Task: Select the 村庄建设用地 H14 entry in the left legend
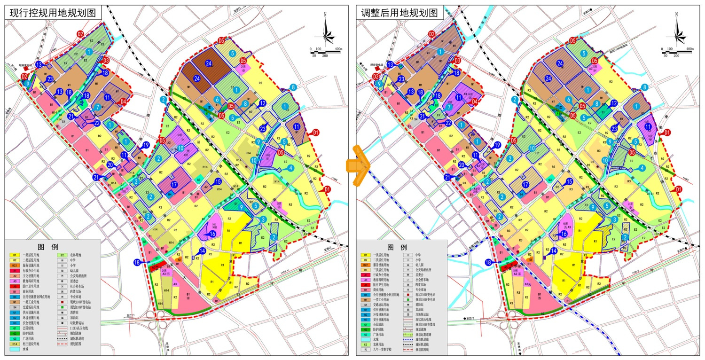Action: coord(28,344)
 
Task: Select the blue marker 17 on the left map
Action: coord(174,185)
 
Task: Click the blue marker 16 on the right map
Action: coord(564,234)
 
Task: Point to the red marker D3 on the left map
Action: coord(106,60)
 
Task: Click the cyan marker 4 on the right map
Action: coord(642,168)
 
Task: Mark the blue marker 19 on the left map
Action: coord(146,145)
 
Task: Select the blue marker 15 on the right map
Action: coord(569,181)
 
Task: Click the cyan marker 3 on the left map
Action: coord(263,219)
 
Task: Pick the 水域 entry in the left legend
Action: coord(28,349)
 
